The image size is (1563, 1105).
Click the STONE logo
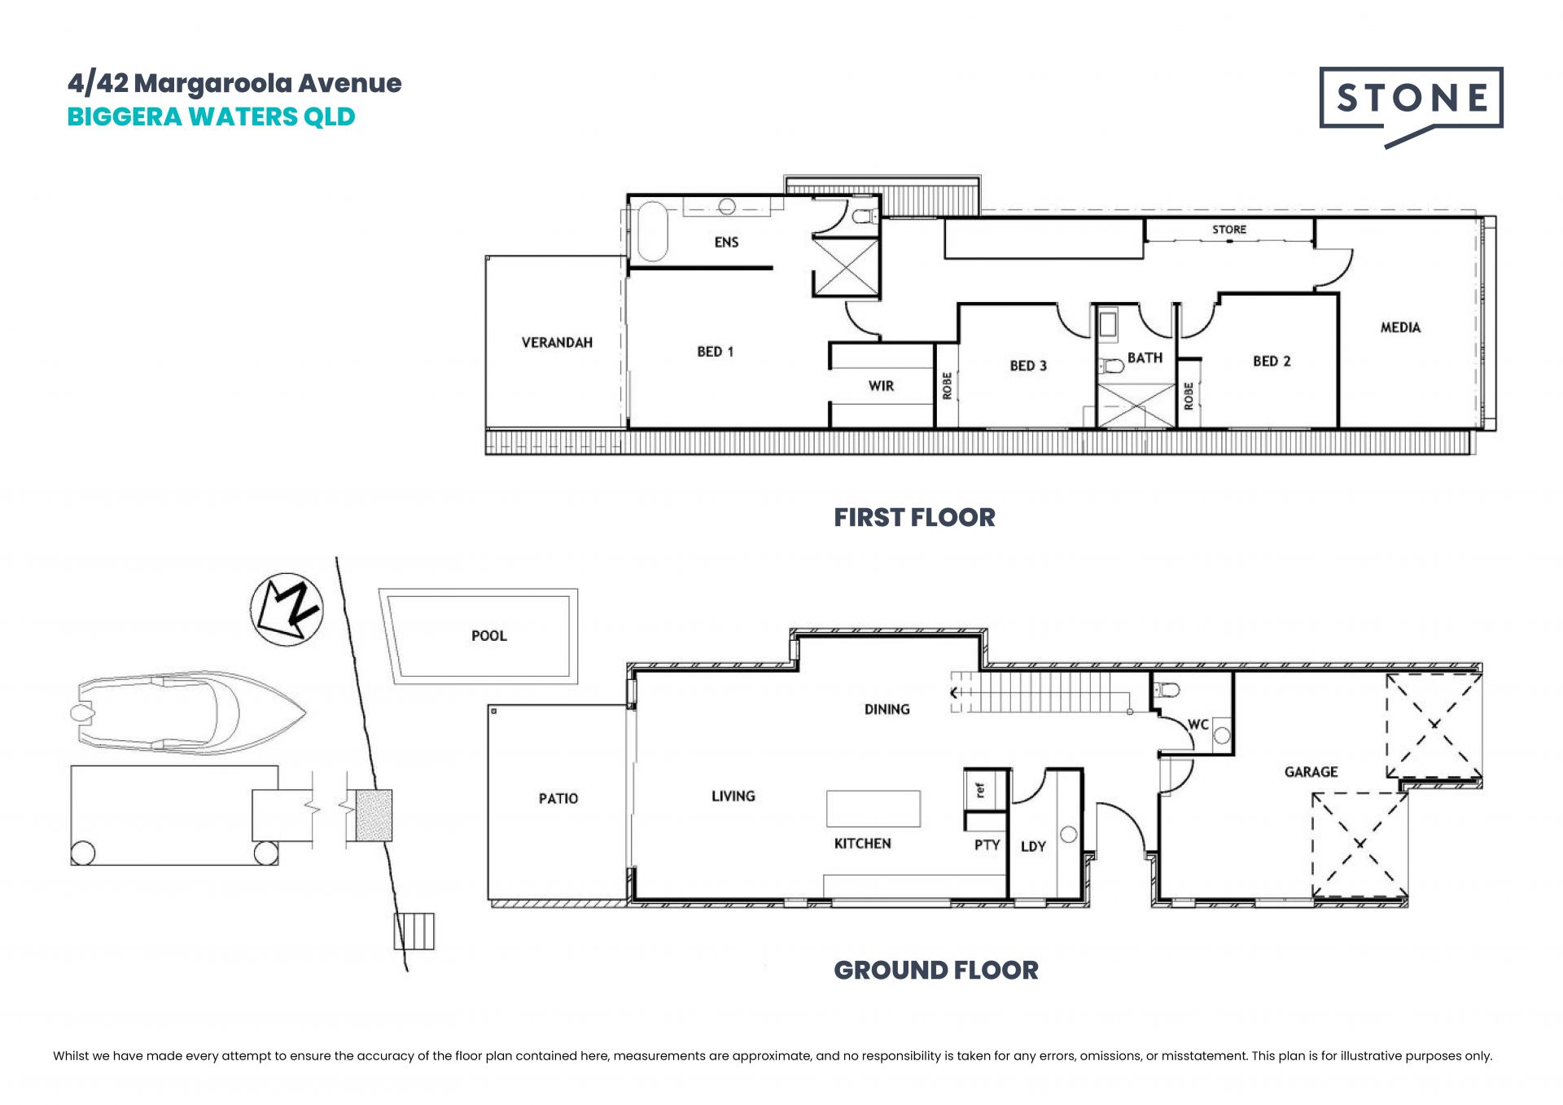pos(1411,106)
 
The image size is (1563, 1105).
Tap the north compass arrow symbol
pos(287,609)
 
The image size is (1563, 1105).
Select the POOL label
pos(489,636)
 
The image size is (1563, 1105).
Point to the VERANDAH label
pos(557,343)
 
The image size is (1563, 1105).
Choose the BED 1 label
pos(715,352)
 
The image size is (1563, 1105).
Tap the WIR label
pos(881,386)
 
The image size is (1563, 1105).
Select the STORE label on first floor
pos(1229,230)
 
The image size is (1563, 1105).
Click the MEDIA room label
pos(1400,327)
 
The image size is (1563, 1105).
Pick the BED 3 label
pos(1028,366)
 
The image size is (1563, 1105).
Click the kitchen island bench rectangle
pos(873,809)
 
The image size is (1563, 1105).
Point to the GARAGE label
pos(1311,772)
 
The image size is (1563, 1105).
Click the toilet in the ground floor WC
pos(1167,691)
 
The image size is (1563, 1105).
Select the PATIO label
pos(558,799)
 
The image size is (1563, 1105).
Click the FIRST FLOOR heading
pos(914,517)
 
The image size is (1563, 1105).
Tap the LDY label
pos(1033,847)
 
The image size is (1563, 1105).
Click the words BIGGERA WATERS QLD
pos(211,117)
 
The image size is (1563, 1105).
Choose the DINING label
pos(887,709)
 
